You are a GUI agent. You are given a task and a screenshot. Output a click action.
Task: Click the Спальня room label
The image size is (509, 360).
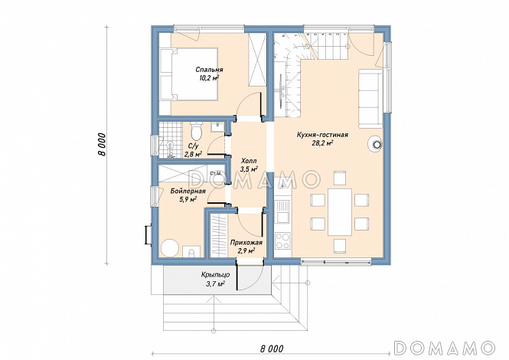(209, 70)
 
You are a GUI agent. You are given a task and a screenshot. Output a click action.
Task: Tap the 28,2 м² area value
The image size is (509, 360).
(323, 142)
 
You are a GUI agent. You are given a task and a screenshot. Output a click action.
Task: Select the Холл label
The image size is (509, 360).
(249, 161)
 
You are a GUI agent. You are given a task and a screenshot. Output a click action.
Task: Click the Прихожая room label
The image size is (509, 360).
(246, 242)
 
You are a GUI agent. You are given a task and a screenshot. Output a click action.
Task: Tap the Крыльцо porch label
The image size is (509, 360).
(215, 275)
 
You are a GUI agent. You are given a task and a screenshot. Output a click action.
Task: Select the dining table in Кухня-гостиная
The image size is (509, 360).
(340, 212)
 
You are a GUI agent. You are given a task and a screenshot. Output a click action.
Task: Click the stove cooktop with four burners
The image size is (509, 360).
(282, 241)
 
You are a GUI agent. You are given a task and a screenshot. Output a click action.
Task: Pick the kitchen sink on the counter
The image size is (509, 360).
(282, 211)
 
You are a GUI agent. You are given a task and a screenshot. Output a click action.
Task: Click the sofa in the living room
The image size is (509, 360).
(370, 98)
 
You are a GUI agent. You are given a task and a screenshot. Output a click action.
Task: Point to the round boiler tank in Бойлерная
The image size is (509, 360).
(170, 249)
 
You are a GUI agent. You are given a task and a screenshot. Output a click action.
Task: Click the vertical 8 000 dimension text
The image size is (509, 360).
(103, 145)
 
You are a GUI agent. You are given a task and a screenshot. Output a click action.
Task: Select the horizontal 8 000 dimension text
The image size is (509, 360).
(272, 349)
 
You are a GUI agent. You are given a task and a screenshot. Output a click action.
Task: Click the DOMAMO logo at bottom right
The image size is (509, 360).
(444, 348)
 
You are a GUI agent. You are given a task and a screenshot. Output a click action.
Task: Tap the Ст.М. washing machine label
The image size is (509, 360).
(216, 173)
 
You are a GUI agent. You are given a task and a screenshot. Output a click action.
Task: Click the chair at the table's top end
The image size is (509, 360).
(340, 178)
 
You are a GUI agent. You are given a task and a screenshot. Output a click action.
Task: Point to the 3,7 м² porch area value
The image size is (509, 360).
(215, 284)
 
